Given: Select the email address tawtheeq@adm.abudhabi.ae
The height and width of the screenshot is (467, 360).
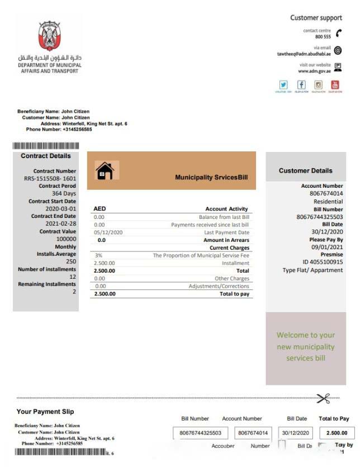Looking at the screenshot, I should tap(304, 54).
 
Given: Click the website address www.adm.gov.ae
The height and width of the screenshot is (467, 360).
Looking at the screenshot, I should tap(314, 72).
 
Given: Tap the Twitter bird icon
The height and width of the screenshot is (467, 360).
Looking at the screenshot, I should tap(284, 85).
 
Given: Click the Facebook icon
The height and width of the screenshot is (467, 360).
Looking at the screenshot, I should tap(301, 85).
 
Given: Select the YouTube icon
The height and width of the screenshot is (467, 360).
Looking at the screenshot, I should tap(335, 85).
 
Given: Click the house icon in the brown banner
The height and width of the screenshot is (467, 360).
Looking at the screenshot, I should tap(105, 170).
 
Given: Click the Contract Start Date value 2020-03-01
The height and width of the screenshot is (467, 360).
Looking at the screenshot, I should tap(61, 209).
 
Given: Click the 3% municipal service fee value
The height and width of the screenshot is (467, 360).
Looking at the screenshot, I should tap(98, 255).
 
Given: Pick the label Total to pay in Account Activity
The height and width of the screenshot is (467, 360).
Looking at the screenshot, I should tap(234, 294).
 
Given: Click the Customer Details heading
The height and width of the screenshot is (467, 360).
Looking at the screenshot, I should tap(305, 171).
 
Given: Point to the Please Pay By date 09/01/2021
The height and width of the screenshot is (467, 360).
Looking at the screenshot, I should tap(327, 247).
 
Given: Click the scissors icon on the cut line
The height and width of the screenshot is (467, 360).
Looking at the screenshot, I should tap(323, 398).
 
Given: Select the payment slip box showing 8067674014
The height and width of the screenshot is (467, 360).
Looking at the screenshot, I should tap(253, 433).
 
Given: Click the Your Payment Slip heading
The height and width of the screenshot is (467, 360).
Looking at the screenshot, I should tap(45, 412).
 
